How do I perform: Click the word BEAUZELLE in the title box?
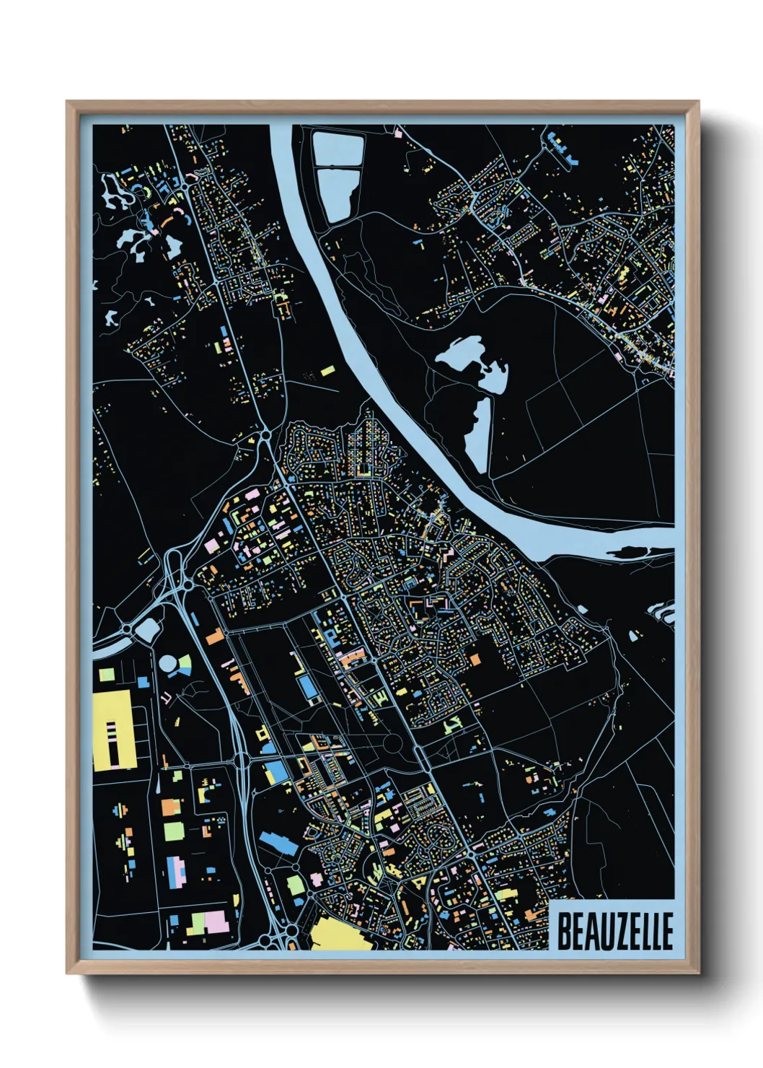point(614,931)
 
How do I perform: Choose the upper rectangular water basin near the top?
point(337,148)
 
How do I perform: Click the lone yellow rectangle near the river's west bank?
point(328,371)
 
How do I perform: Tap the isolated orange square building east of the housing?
point(474,659)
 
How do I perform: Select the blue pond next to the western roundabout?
point(149,629)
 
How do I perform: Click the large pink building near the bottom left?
point(216,922)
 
